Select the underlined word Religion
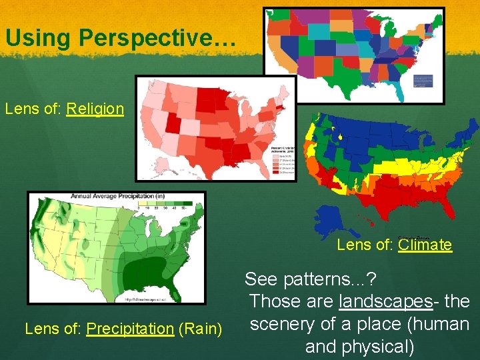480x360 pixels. [x=95, y=108]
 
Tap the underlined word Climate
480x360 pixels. [x=425, y=245]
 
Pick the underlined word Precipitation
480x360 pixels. [x=130, y=328]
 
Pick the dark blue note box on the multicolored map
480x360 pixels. [x=423, y=81]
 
